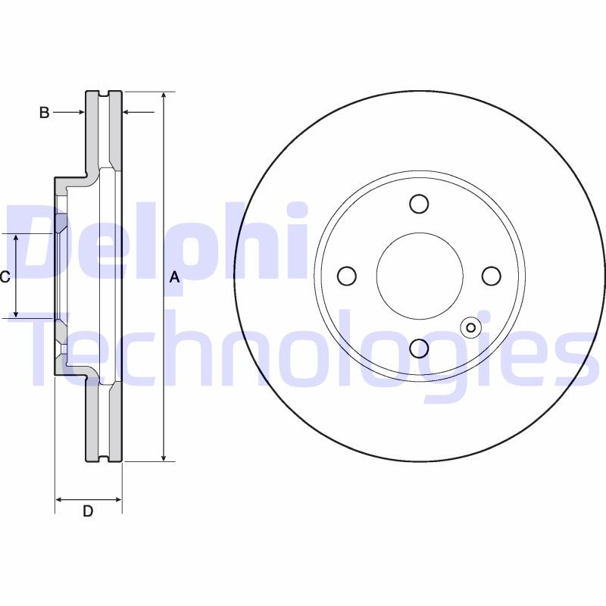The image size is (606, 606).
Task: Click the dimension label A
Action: [174, 278]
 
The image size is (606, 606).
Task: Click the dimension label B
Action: [44, 113]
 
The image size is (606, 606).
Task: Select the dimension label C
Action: [5, 277]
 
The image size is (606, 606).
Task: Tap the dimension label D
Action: [88, 511]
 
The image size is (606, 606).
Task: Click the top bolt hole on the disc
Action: [419, 204]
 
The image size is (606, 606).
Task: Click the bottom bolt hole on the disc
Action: [419, 348]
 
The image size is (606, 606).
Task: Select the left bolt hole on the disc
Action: [347, 276]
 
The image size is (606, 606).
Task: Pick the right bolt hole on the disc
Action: [491, 276]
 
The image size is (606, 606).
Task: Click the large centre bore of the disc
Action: [419, 276]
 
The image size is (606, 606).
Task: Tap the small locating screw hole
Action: [470, 327]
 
